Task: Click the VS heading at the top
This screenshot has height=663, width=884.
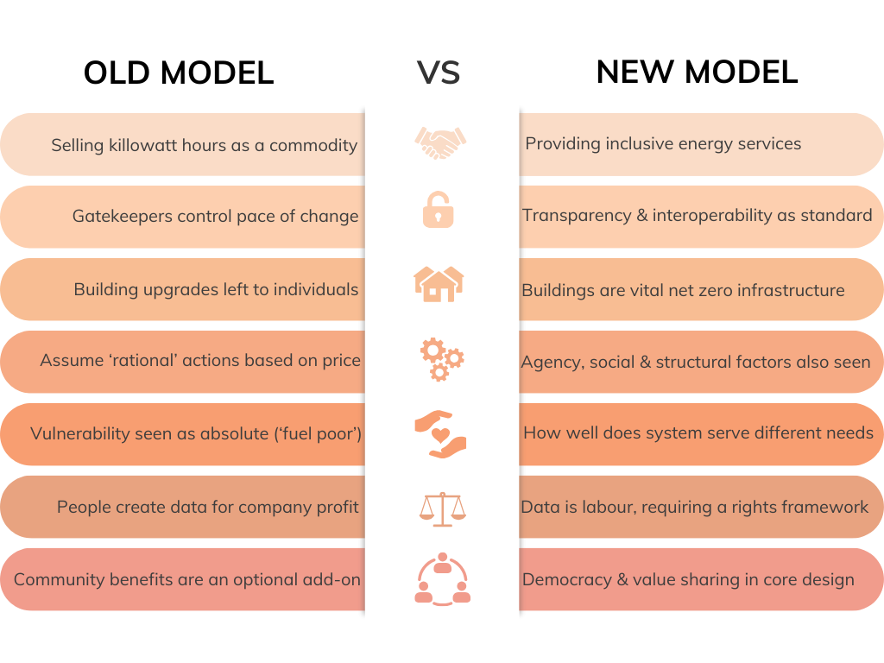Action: click(439, 73)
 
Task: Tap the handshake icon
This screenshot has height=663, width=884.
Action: click(440, 142)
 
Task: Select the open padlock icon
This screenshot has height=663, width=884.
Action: click(439, 210)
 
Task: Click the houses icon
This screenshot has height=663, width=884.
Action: click(439, 283)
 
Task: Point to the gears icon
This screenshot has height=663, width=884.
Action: click(441, 358)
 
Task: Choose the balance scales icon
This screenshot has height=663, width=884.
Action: click(441, 508)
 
